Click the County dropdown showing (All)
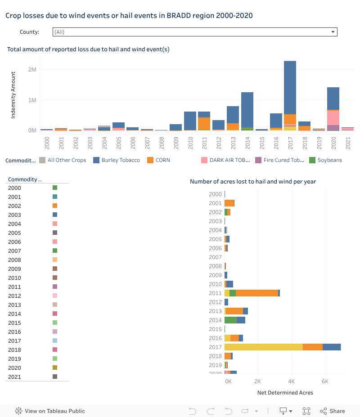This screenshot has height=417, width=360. (x=194, y=32)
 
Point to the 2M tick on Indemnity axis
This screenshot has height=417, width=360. (x=32, y=70)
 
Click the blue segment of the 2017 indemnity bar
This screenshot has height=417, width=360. (x=290, y=88)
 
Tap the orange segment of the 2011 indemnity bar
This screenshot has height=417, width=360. (x=204, y=123)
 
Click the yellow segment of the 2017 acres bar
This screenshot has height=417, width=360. (x=263, y=347)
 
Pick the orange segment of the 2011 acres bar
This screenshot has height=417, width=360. (x=256, y=293)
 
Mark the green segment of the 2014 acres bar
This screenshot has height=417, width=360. (x=230, y=320)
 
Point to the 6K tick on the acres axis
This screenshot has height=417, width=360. (x=325, y=381)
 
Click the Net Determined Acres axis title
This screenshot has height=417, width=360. (x=285, y=393)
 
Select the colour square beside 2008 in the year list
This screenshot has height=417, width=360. (x=55, y=260)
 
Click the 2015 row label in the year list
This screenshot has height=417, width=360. (x=14, y=323)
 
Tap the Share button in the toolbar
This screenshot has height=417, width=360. (x=333, y=411)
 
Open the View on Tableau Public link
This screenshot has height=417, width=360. (x=50, y=411)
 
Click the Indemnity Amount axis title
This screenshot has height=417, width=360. (x=13, y=95)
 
